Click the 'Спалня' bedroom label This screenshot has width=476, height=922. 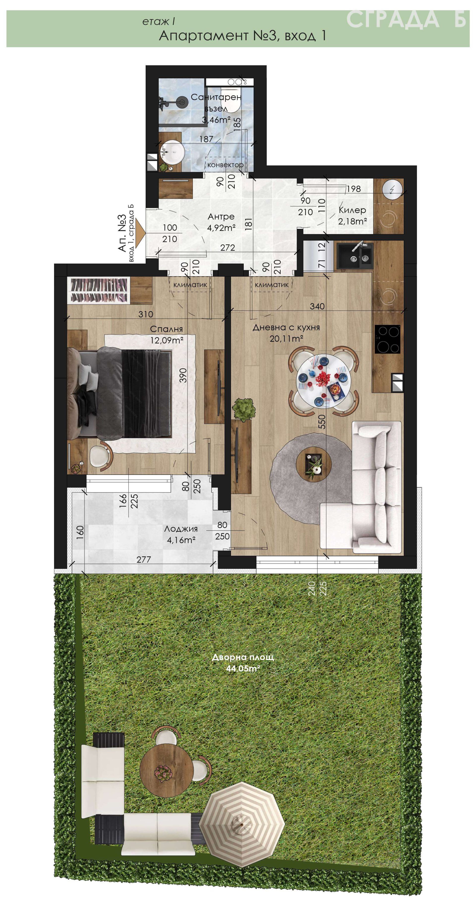[166, 329]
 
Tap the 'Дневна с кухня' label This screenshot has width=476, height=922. [286, 327]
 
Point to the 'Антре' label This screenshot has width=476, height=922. [221, 217]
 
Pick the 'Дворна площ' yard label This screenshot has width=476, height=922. [243, 657]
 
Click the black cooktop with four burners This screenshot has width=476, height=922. [387, 339]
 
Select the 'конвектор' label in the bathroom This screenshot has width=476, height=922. [225, 165]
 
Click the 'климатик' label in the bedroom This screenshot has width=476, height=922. [190, 285]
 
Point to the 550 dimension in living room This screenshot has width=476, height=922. [322, 422]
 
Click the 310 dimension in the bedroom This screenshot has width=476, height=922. [146, 314]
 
